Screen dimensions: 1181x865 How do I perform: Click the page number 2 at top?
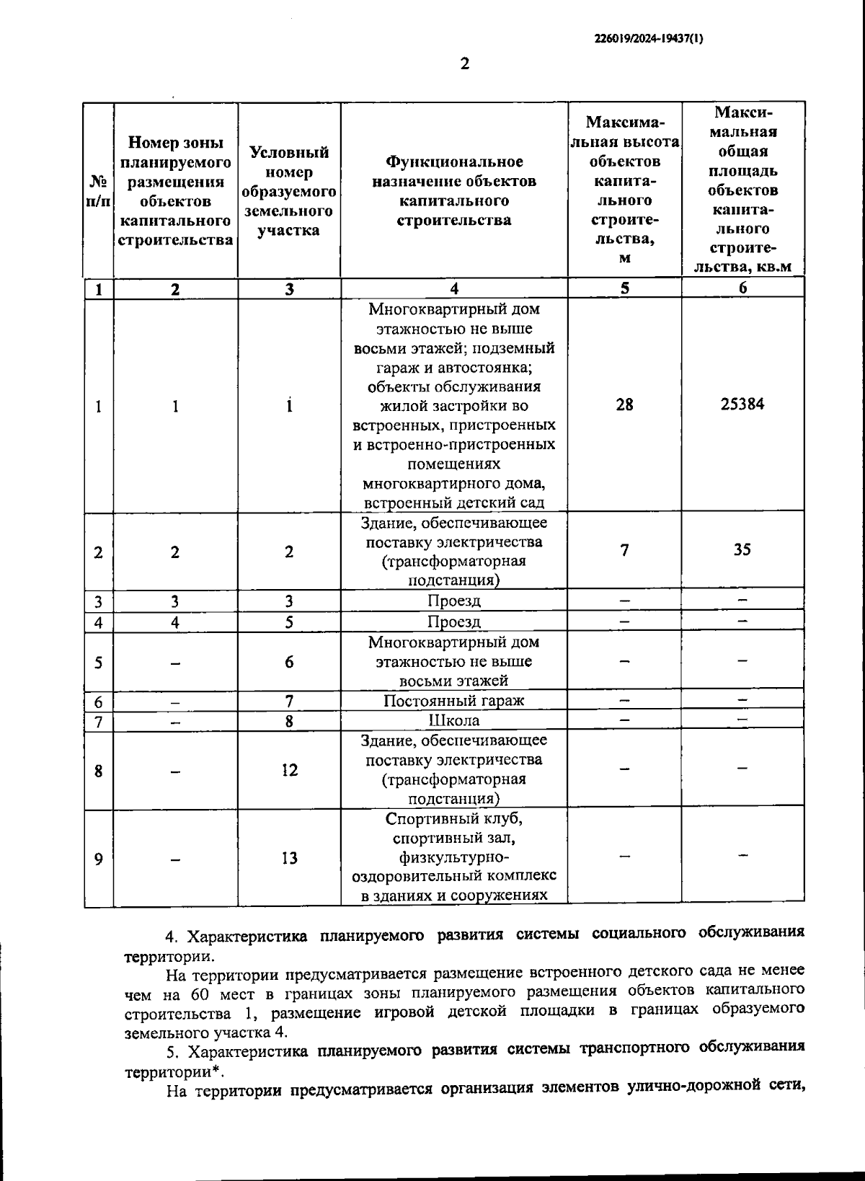pos(464,64)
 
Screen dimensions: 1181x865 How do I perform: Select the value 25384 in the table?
pos(742,404)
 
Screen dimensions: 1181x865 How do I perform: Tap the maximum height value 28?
pos(624,405)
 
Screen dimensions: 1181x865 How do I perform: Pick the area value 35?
pos(742,550)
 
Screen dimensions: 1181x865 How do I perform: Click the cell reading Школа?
pos(453,720)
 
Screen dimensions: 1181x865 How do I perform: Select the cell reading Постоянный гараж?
pos(453,701)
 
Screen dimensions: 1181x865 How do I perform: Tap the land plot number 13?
pos(289,859)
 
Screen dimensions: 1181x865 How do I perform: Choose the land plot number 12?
pos(289,771)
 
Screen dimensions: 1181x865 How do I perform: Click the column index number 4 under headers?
pos(454,289)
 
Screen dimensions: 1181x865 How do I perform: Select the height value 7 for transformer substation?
pos(624,551)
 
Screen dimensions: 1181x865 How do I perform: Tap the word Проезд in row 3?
pos(453,601)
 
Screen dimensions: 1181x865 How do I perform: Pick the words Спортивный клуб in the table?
pos(453,820)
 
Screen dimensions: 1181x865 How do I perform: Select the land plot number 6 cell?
pos(289,662)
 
